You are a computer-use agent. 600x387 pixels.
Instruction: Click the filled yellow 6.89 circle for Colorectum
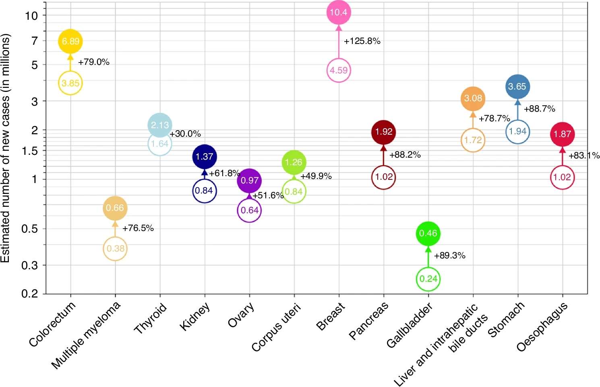tap(70, 41)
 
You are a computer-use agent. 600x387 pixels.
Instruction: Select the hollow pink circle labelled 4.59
tap(339, 71)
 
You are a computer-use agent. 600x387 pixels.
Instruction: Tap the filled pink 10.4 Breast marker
tap(338, 12)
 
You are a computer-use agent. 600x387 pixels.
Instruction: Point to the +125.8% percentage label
tap(362, 41)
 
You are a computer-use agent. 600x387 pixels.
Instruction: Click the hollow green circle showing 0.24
tap(428, 279)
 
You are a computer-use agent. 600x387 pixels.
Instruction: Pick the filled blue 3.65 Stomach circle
tap(517, 87)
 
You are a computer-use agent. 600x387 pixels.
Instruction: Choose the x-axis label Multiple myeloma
tap(86, 335)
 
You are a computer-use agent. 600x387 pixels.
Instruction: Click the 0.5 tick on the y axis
tap(29, 229)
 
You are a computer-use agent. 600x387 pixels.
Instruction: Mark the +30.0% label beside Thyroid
tap(185, 134)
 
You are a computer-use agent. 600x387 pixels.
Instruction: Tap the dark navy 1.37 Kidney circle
tap(205, 157)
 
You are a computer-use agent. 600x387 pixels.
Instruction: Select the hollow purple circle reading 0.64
tap(250, 210)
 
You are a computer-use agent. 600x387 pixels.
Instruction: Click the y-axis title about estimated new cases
tap(5, 148)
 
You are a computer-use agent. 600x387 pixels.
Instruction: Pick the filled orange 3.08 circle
tap(473, 99)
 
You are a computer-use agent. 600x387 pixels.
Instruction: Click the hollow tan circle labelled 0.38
tap(115, 248)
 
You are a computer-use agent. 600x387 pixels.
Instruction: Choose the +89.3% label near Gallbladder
tap(449, 256)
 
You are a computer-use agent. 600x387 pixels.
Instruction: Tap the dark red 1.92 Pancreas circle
tap(383, 132)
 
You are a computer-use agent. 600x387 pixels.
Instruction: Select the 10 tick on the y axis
tap(31, 16)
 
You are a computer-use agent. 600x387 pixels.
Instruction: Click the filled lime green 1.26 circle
tap(294, 162)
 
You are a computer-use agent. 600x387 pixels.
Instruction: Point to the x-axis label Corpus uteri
tap(276, 328)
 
